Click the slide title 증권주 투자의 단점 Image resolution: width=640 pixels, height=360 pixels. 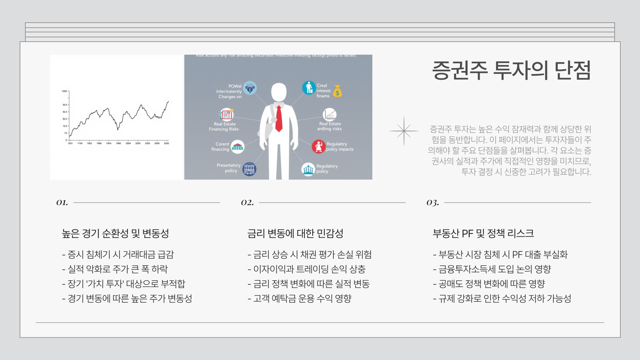tap(511, 70)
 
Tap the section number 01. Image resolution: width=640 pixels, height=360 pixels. tap(62, 202)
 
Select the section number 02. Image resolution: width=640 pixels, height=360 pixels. tap(247, 202)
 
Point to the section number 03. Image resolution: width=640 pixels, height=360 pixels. tap(433, 202)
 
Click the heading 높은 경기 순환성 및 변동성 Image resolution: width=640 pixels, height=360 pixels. tap(115, 233)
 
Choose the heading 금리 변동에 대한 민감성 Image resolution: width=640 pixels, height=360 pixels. tap(295, 233)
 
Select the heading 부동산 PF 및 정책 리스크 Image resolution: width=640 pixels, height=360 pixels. tap(483, 233)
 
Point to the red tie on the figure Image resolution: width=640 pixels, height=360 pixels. tap(279, 119)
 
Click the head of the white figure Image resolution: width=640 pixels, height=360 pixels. tap(279, 92)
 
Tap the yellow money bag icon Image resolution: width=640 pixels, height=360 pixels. tap(338, 91)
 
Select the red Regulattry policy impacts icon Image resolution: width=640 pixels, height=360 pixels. tap(318, 147)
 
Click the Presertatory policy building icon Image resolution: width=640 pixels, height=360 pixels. tap(249, 169)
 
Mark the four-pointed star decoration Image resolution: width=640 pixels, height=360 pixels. tap(404, 131)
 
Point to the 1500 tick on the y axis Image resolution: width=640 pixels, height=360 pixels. tap(64, 91)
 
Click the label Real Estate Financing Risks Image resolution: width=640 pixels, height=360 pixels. tap(224, 126)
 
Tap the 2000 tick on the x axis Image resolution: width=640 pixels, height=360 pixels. tap(166, 143)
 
